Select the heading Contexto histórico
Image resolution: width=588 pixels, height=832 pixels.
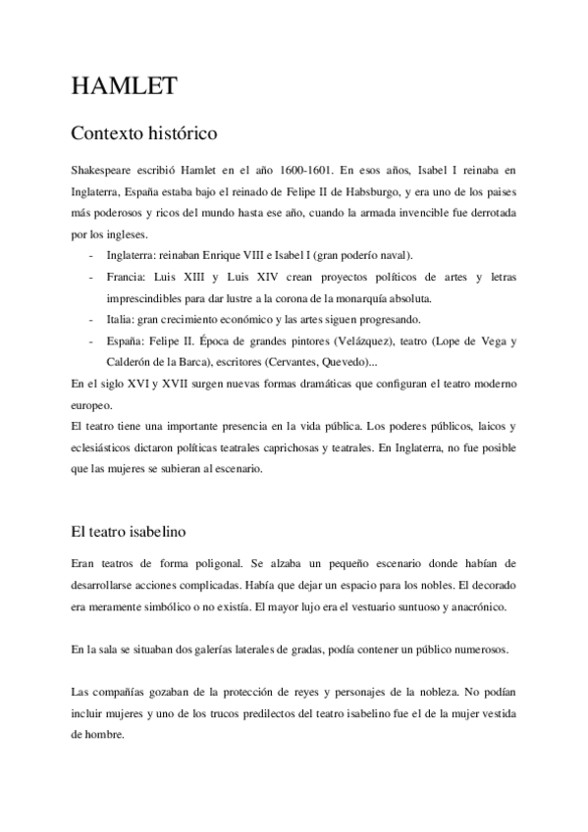click(144, 131)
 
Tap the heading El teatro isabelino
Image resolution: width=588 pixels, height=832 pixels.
click(129, 531)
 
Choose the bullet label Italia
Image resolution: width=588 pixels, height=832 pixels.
click(122, 319)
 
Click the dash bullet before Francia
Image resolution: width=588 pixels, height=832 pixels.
click(91, 277)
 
